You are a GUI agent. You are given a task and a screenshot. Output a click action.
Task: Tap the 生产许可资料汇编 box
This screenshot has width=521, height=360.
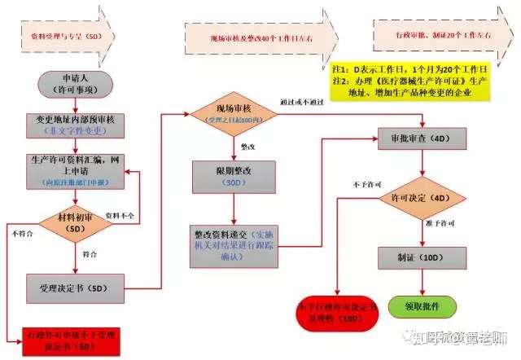tap(76, 169)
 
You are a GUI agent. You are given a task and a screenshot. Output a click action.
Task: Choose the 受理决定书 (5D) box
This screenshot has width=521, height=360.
tap(76, 288)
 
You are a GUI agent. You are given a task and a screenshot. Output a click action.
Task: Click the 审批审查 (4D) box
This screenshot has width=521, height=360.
tap(422, 139)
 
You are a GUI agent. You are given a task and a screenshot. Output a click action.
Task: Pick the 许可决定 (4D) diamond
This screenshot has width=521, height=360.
tap(422, 197)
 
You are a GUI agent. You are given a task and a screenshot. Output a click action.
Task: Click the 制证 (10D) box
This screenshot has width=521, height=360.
tap(422, 257)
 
